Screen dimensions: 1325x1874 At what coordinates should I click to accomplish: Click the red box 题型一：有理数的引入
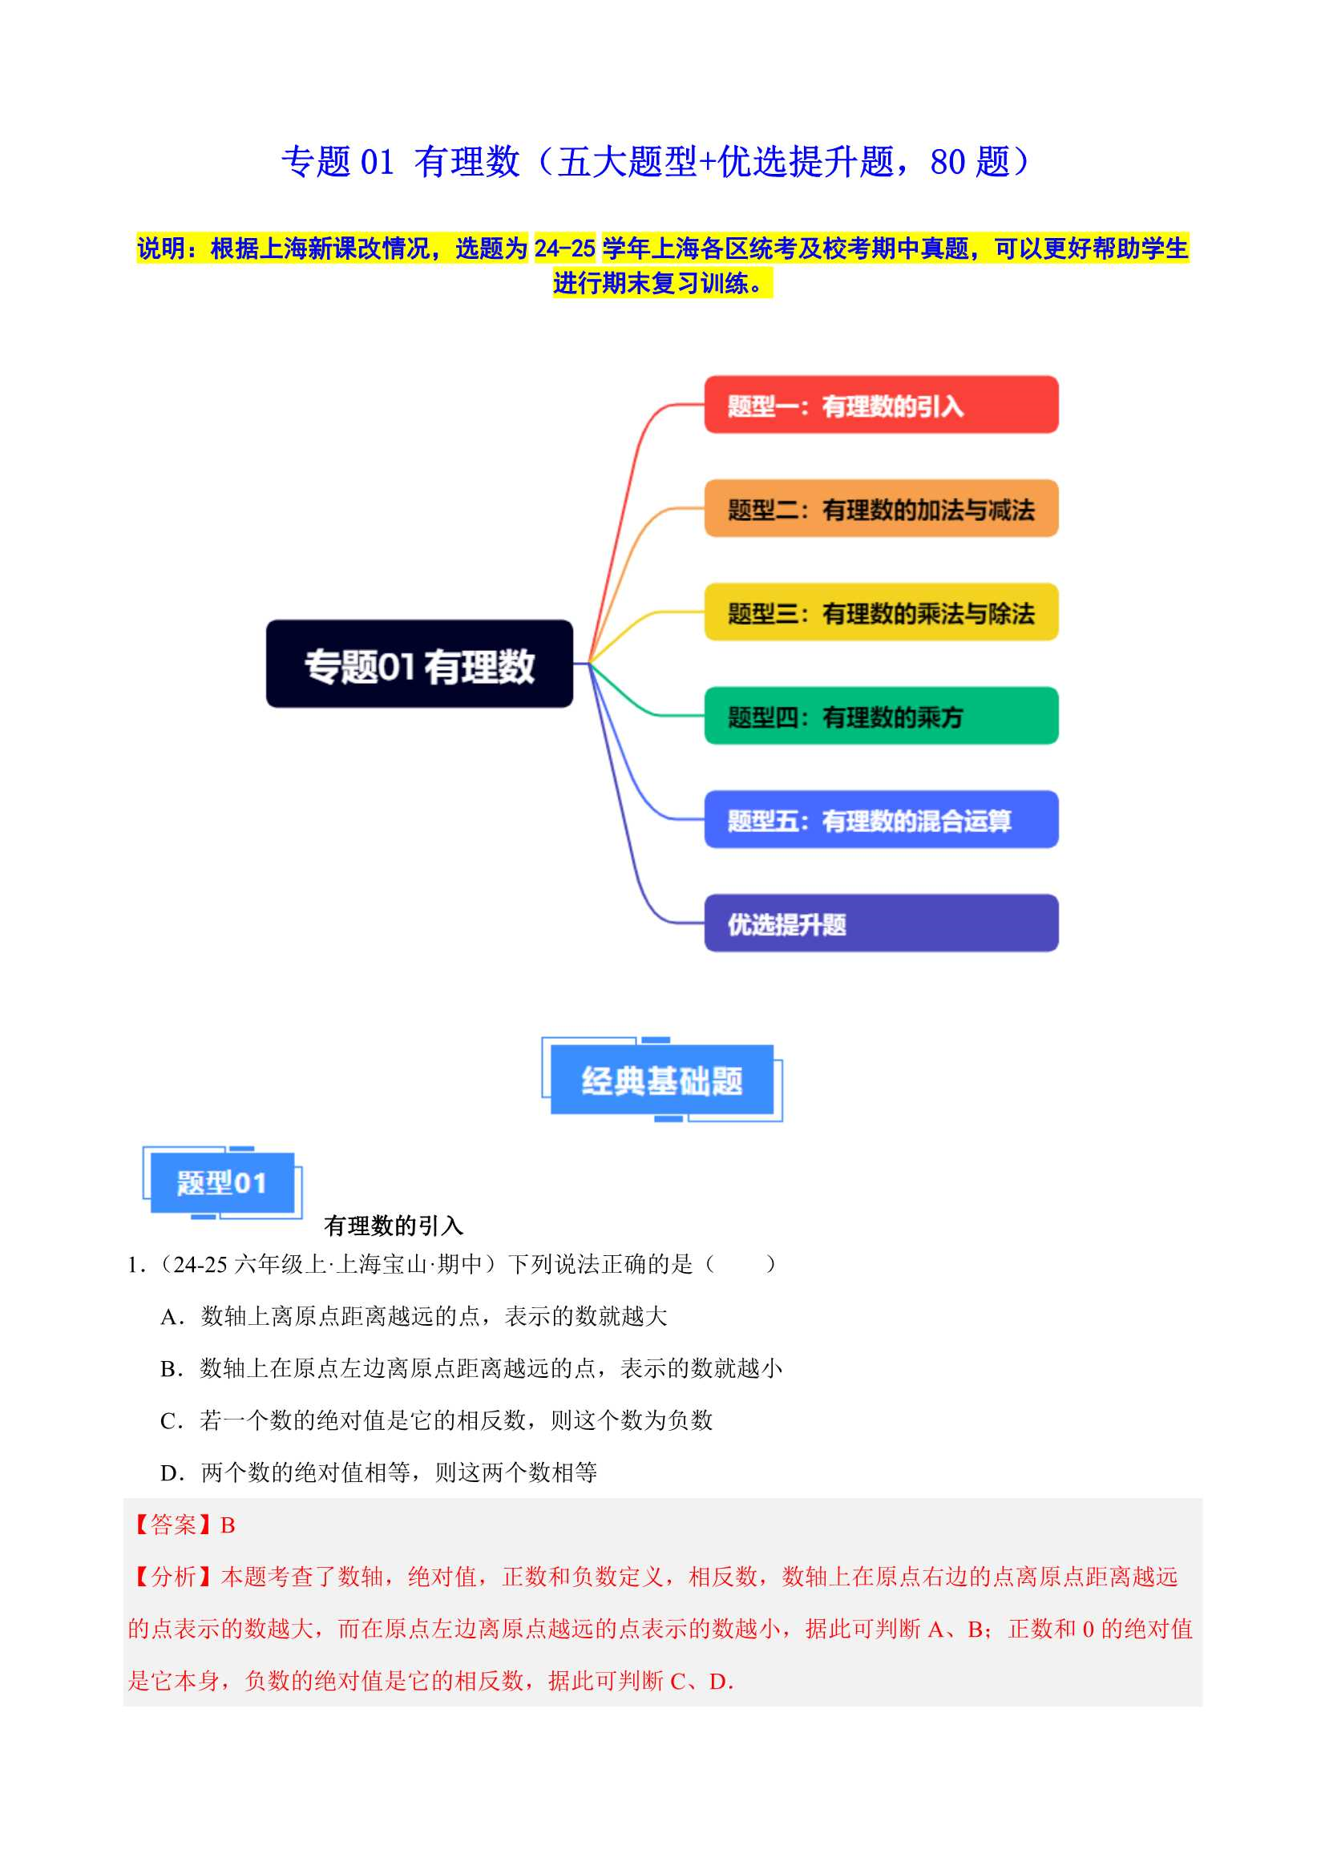[x=881, y=405]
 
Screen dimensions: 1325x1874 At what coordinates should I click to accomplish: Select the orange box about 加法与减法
[x=881, y=508]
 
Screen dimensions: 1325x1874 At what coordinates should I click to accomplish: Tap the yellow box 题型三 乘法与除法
[x=881, y=612]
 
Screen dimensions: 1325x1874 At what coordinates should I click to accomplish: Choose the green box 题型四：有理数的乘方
[x=881, y=716]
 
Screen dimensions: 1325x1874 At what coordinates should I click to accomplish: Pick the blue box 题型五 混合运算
[x=881, y=819]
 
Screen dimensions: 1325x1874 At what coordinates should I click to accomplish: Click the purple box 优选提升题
[x=881, y=923]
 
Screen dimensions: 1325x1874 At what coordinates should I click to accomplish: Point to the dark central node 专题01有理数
[x=420, y=664]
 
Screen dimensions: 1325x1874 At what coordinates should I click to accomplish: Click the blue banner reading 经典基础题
[x=662, y=1080]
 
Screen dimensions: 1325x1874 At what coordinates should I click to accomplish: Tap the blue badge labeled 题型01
[x=222, y=1183]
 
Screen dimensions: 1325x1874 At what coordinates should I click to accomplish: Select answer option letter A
[x=169, y=1317]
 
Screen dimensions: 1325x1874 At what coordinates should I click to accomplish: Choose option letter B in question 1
[x=168, y=1369]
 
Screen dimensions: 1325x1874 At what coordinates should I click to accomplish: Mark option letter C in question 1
[x=168, y=1421]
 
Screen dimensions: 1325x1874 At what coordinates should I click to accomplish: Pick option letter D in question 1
[x=169, y=1473]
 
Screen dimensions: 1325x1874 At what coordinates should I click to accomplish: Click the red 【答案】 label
[x=173, y=1525]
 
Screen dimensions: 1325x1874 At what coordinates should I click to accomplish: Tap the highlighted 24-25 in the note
[x=564, y=248]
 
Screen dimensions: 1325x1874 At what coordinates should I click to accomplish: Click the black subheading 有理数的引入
[x=394, y=1225]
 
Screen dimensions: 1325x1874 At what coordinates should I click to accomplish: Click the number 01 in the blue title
[x=378, y=162]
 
